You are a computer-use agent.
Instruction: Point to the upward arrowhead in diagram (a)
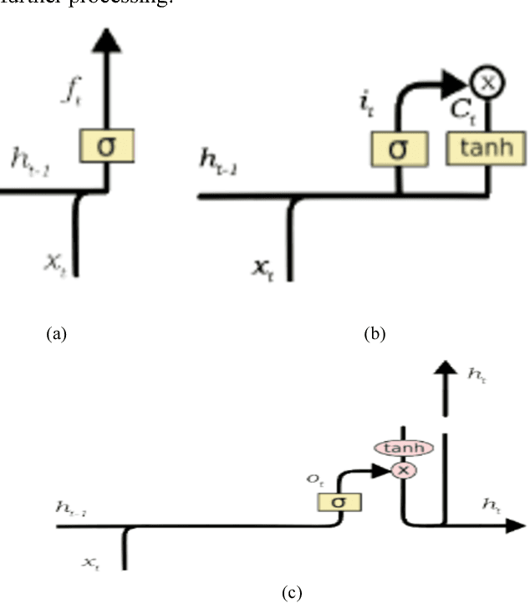pyautogui.click(x=107, y=38)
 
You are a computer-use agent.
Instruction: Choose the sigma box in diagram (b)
pyautogui.click(x=399, y=149)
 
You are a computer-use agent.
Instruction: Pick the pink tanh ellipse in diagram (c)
pyautogui.click(x=405, y=448)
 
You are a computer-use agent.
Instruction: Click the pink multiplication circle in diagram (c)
pyautogui.click(x=405, y=469)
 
